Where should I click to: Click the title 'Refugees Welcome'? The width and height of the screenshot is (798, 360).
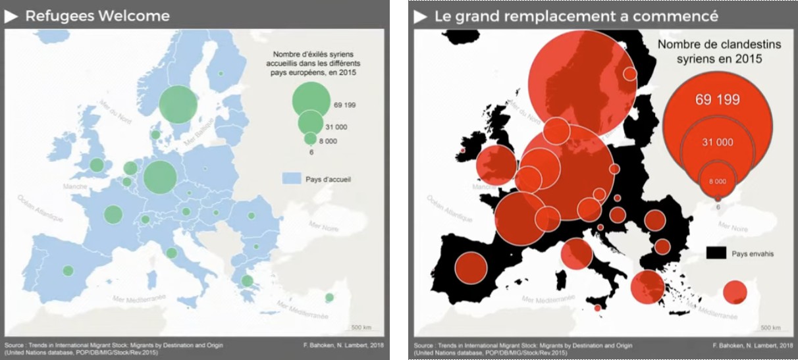(x=97, y=16)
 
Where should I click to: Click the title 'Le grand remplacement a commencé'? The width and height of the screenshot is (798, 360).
(x=575, y=16)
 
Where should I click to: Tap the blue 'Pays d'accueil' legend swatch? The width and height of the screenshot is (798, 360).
(x=291, y=178)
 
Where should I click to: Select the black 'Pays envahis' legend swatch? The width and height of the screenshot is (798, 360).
(x=716, y=253)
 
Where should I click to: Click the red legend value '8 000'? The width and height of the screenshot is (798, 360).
(x=717, y=181)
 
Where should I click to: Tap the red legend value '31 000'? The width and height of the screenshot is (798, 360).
(x=717, y=142)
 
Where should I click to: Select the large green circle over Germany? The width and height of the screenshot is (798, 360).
(x=160, y=176)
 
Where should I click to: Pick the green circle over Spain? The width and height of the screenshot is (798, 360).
(x=68, y=270)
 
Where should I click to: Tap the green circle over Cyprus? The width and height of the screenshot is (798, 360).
(x=329, y=298)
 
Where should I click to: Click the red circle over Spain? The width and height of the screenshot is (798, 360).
(x=470, y=268)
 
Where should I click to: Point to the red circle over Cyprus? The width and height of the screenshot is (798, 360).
(x=735, y=292)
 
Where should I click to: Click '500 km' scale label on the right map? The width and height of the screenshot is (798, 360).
(x=770, y=328)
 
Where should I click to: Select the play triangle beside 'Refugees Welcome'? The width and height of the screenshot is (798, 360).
(x=11, y=16)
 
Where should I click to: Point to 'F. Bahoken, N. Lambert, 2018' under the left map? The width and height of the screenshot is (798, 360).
(x=340, y=345)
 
